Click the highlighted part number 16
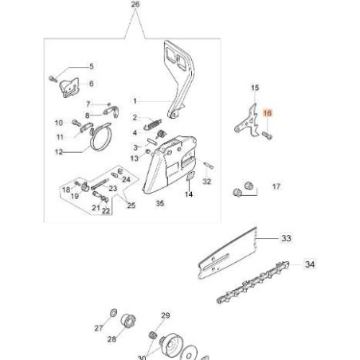click(268, 115)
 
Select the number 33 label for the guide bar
click(286, 237)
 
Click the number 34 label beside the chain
click(310, 264)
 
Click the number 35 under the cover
click(158, 204)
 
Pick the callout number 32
click(207, 182)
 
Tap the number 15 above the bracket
click(255, 87)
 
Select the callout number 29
click(166, 316)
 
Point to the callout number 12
click(58, 151)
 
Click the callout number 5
click(91, 66)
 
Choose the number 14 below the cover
click(189, 204)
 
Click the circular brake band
click(101, 144)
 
